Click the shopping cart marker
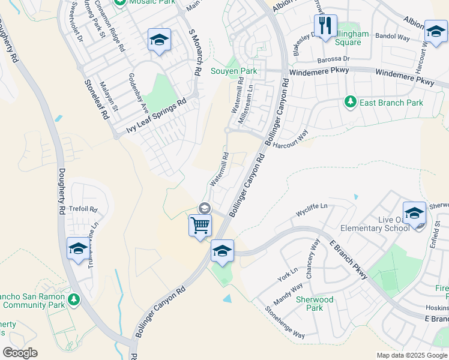coord(200,226)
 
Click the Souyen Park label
coord(234,71)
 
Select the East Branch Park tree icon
coord(350,103)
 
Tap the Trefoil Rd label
coord(84,209)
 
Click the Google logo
coord(20,353)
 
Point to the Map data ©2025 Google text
coord(411,355)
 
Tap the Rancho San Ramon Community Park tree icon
coord(74,299)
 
